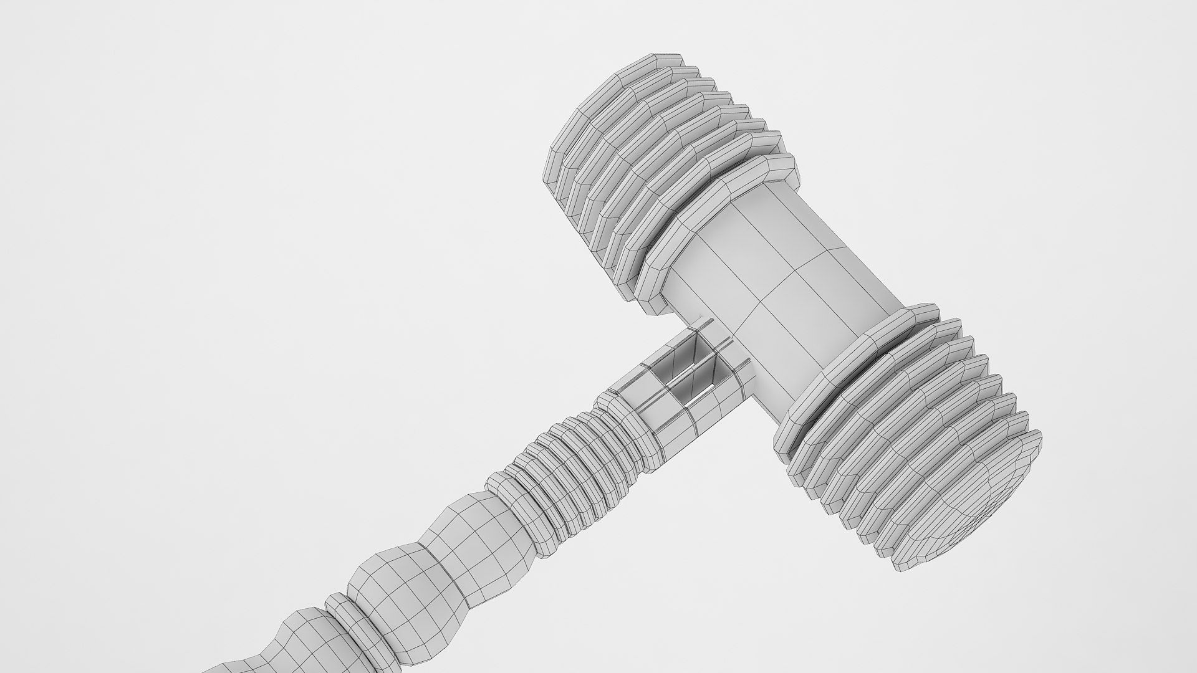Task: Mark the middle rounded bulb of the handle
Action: coord(399,586)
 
